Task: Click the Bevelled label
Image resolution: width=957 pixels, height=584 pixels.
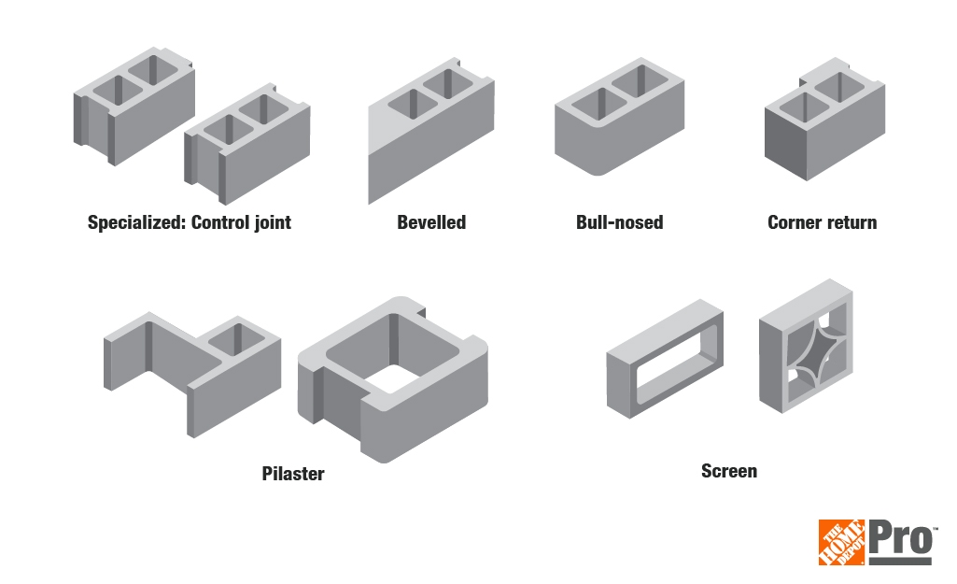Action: click(x=431, y=222)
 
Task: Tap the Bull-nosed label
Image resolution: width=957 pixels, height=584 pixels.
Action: click(x=619, y=222)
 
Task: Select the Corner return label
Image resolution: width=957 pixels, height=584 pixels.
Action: click(x=822, y=222)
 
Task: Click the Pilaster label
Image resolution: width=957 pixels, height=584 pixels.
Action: click(x=293, y=474)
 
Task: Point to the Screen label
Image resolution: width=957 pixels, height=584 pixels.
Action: click(x=728, y=471)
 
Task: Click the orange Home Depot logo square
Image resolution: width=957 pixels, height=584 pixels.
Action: click(x=842, y=543)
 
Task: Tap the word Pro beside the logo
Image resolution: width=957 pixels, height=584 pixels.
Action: click(x=901, y=540)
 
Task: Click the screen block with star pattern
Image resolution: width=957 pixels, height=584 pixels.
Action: click(x=806, y=346)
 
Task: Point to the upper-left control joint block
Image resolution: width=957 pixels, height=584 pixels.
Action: click(x=133, y=107)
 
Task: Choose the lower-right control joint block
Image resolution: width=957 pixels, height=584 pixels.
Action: click(x=248, y=145)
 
